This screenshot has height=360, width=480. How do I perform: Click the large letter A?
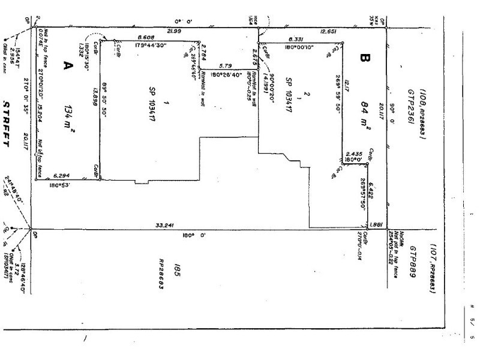(68, 66)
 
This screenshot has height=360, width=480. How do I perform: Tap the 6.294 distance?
(62, 175)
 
